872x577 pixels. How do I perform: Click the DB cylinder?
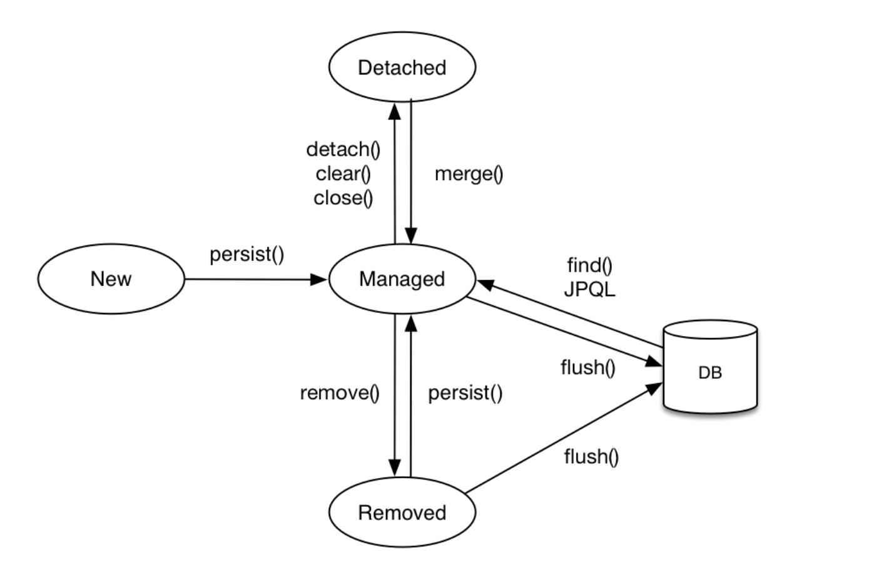pos(710,367)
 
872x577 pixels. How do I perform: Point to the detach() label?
pos(343,150)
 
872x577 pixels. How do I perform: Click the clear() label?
pos(343,174)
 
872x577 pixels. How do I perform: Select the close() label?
pos(343,198)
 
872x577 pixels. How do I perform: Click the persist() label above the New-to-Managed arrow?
pos(247,255)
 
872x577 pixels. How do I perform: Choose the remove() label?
pos(340,393)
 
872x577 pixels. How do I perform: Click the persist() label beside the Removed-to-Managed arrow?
pos(465,393)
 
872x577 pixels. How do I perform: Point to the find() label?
pos(590,265)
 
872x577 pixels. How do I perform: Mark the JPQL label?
pos(590,290)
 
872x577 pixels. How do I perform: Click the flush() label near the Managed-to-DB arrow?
pos(588,367)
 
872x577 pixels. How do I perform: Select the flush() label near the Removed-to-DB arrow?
pos(591,456)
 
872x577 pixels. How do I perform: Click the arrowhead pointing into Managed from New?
pos(318,280)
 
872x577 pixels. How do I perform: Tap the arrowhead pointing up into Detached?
pos(395,111)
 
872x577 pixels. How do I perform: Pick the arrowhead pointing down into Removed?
pos(395,468)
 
